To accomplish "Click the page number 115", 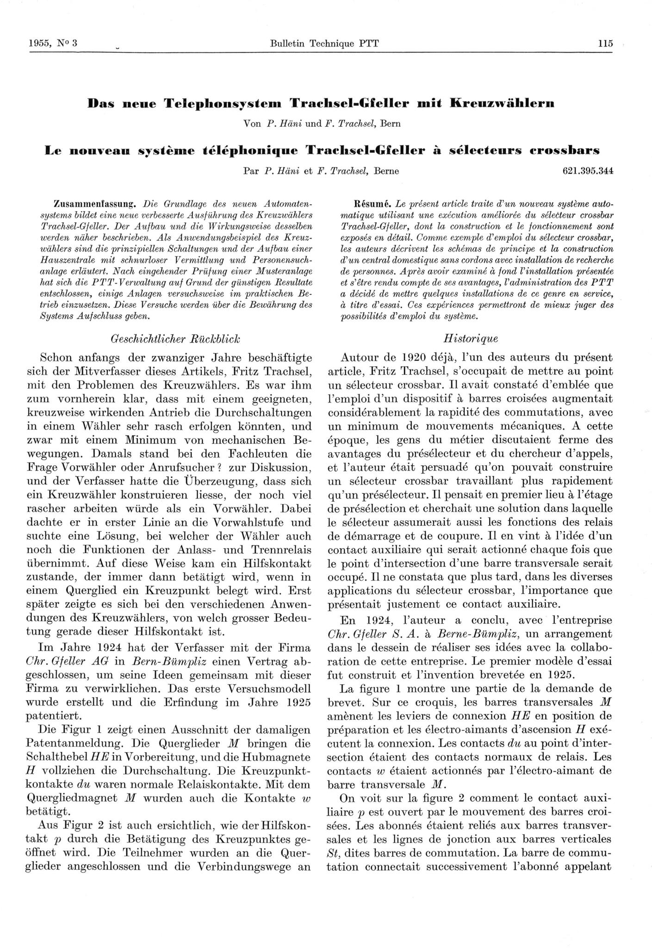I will tap(605, 44).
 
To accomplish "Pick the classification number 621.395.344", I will tap(587, 171).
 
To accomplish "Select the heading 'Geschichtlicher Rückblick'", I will tap(175, 338).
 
